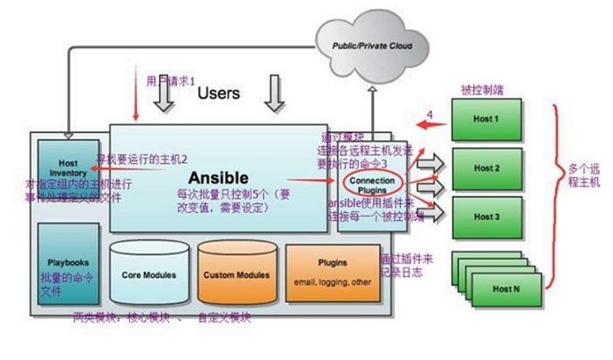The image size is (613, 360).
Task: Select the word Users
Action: (x=218, y=92)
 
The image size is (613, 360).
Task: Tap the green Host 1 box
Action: (x=485, y=119)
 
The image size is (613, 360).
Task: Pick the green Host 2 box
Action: (x=485, y=167)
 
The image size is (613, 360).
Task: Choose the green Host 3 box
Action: (x=485, y=217)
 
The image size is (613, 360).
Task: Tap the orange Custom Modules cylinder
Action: (x=231, y=273)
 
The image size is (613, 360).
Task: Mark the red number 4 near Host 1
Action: (x=430, y=115)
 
